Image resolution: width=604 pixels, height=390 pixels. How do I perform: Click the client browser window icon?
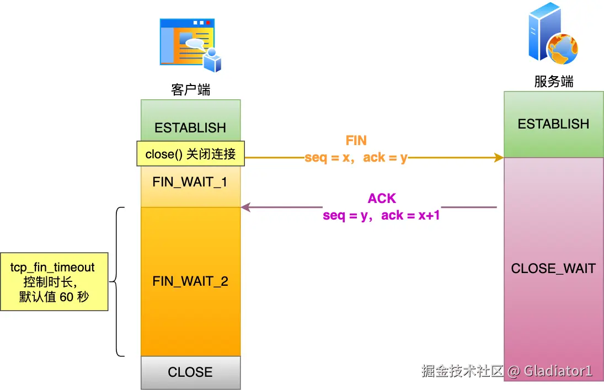[x=191, y=45]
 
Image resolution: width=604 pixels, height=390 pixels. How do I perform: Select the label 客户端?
[x=191, y=90]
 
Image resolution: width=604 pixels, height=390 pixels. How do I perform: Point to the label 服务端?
[x=554, y=81]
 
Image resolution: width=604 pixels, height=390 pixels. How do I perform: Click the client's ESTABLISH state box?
[x=191, y=121]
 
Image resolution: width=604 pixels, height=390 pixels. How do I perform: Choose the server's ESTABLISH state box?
[x=554, y=124]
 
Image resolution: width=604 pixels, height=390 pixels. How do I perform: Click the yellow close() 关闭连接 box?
[x=191, y=154]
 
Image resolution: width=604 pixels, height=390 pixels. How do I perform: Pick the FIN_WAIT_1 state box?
[x=191, y=186]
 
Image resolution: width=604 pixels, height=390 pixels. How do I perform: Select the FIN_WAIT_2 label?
[x=190, y=281]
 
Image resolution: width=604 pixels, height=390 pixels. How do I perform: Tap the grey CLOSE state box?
[x=191, y=372]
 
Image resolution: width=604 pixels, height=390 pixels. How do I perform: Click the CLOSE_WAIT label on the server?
[x=553, y=268]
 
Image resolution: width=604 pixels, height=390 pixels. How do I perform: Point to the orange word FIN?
[x=356, y=140]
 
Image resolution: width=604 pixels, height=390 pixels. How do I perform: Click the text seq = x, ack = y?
[x=356, y=157]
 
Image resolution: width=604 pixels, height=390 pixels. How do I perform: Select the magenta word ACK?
[x=382, y=198]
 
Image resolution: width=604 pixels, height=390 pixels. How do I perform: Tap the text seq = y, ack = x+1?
[x=381, y=215]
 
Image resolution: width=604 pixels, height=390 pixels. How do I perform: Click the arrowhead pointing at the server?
[x=499, y=157]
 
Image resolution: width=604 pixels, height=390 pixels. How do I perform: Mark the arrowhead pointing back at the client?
[x=246, y=207]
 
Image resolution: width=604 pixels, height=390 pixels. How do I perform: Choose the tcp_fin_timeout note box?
[x=54, y=282]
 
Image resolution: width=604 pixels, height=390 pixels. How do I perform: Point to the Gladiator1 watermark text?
[x=558, y=371]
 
